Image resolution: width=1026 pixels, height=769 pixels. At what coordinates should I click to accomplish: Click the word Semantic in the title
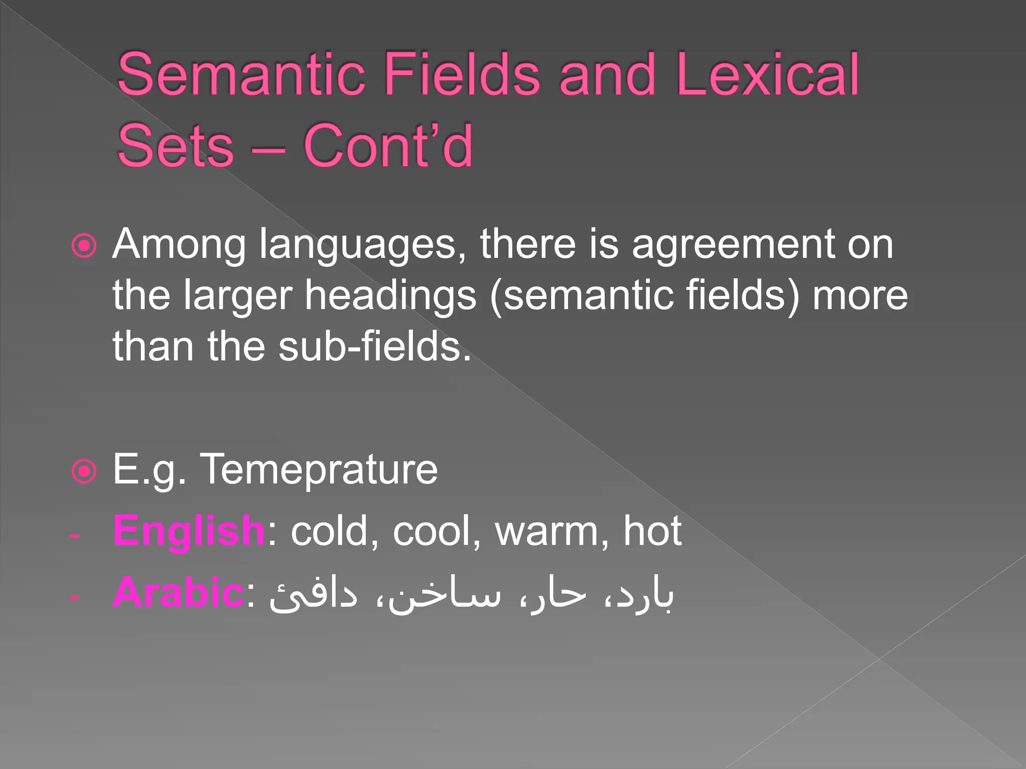[x=240, y=75]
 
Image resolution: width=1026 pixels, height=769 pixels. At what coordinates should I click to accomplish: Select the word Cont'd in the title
[x=388, y=146]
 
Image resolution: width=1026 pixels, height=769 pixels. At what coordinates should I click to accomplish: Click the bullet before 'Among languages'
[x=84, y=246]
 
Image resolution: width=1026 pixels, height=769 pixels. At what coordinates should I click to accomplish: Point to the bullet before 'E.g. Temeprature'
[x=84, y=471]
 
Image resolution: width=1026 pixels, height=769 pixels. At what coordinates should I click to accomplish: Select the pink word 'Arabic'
[x=178, y=593]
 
